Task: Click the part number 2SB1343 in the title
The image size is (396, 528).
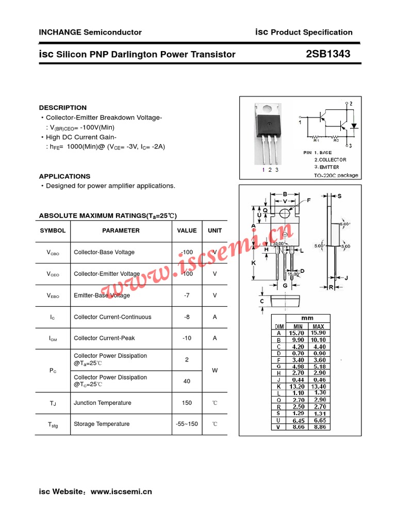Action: click(328, 54)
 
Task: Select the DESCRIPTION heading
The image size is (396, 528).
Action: click(63, 108)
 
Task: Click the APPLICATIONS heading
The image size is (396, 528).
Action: click(64, 176)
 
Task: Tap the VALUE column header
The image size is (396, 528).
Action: click(187, 230)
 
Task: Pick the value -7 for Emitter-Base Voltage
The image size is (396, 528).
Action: click(187, 295)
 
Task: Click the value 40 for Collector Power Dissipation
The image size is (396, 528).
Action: click(187, 381)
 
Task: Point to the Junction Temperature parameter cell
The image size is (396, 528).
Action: click(103, 403)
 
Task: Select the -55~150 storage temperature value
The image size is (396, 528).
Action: click(187, 424)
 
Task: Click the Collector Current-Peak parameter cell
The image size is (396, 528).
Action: click(106, 338)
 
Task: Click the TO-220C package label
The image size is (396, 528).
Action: click(336, 175)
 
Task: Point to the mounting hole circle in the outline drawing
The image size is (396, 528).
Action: click(285, 213)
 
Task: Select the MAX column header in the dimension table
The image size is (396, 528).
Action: click(318, 326)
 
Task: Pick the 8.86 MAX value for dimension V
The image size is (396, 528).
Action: click(318, 427)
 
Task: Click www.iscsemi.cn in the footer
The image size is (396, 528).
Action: click(121, 491)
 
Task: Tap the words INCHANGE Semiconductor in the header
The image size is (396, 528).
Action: click(90, 32)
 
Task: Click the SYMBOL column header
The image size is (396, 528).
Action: click(53, 230)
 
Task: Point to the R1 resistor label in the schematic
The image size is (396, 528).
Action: click(316, 140)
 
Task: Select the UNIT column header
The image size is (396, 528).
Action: click(214, 230)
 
